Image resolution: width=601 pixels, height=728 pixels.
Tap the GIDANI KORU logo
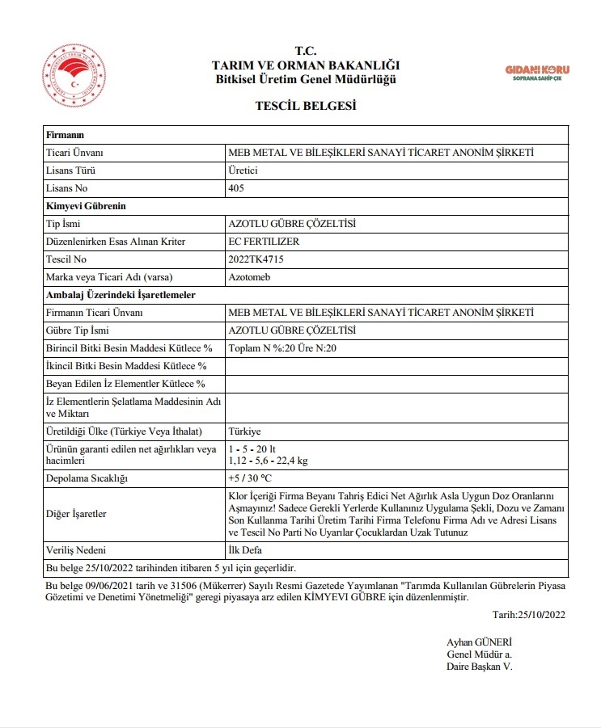click(x=537, y=73)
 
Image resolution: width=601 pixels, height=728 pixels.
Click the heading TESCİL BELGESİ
click(x=306, y=106)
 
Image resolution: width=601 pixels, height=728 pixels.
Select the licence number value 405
click(x=237, y=188)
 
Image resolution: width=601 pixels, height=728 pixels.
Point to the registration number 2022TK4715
click(x=257, y=259)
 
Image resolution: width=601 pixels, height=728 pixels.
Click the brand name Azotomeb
click(x=250, y=277)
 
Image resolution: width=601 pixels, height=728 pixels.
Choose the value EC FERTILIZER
click(x=265, y=242)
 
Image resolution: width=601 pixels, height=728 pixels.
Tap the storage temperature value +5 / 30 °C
click(x=251, y=478)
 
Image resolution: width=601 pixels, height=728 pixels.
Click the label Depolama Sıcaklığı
click(x=87, y=478)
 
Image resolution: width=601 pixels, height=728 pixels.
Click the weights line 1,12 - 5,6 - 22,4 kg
click(x=268, y=461)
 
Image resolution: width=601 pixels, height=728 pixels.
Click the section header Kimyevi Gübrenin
click(x=80, y=206)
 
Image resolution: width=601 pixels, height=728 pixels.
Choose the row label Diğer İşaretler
click(x=77, y=514)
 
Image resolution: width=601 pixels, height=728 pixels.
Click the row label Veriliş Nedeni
click(x=78, y=549)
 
